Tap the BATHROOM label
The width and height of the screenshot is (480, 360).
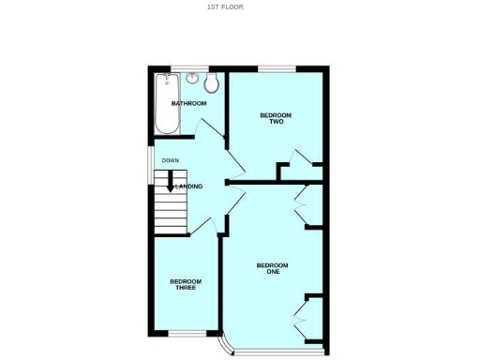coord(188,103)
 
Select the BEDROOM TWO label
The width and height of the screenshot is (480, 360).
coord(276,118)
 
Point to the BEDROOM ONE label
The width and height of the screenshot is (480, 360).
coord(273,268)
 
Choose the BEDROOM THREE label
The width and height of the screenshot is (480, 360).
coord(185,284)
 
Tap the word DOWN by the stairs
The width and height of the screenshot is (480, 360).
coord(170,160)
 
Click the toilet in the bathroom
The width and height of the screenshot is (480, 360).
coord(212,84)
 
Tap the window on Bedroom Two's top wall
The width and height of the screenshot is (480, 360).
coord(276,67)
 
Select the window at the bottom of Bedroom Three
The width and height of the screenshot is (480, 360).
coord(183,335)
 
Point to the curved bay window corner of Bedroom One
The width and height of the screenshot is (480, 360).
coord(226,347)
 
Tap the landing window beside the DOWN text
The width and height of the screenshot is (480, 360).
coord(151,160)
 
